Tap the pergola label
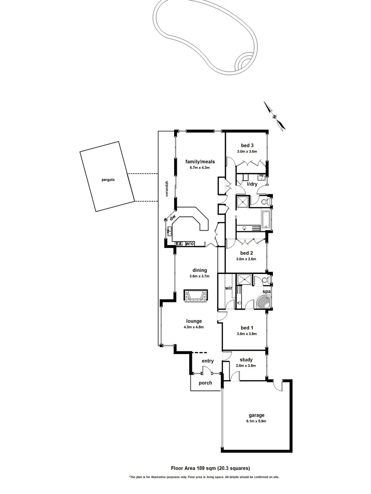tap(108, 180)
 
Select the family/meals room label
tap(200, 161)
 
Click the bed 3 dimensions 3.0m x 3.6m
tap(247, 151)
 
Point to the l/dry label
tap(252, 184)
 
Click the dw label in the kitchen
tap(173, 218)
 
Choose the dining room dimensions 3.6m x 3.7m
tap(199, 276)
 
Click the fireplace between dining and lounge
tap(196, 295)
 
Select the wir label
tap(228, 289)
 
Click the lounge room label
tap(193, 321)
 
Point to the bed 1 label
tap(246, 328)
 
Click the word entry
tap(207, 361)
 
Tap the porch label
tap(205, 383)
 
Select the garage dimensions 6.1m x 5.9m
tap(257, 421)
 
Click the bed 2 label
tap(246, 253)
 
